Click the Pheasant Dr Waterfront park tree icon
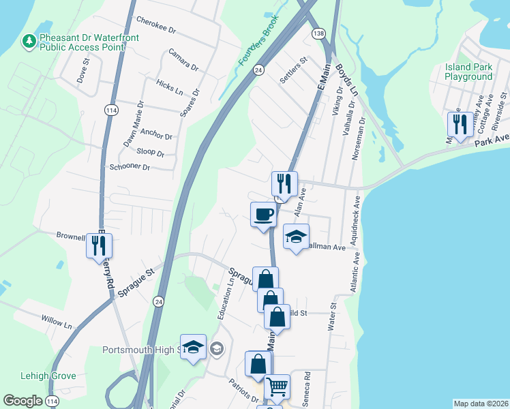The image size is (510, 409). (29, 42)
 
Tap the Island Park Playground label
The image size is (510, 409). (468, 72)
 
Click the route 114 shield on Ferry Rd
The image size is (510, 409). (110, 110)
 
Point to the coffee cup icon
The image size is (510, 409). (263, 215)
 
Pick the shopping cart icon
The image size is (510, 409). (277, 387)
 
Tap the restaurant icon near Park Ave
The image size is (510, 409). (457, 124)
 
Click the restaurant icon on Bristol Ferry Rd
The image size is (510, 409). (99, 247)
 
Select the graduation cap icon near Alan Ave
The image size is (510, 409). (296, 237)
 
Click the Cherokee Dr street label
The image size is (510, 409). (156, 25)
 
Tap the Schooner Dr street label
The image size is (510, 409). (129, 167)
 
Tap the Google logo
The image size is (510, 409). (23, 401)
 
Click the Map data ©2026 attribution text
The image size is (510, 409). (480, 404)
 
